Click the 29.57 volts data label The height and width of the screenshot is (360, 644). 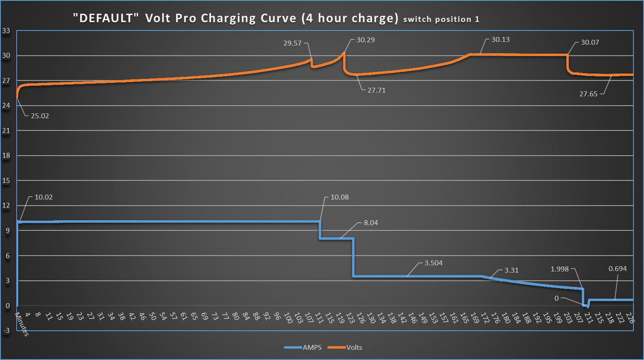292,43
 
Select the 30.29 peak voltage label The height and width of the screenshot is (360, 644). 366,40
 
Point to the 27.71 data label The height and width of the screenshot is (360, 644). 376,90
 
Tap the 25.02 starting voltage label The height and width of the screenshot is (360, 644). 40,116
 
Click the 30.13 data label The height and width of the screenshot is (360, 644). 500,39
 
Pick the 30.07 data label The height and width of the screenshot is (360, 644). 590,42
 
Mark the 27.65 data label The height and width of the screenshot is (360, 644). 588,94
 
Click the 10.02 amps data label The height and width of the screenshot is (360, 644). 44,197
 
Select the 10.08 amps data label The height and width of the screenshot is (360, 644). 339,197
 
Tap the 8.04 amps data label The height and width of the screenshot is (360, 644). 371,223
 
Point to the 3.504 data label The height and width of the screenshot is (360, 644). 433,263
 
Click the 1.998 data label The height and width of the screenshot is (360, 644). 559,269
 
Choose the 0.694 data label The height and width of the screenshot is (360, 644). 618,269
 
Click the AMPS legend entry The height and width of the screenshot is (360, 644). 312,347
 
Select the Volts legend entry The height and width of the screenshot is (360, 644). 354,347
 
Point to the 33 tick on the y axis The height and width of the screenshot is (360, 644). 6,30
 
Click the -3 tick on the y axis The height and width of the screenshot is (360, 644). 6,330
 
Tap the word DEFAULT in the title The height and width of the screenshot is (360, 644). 106,18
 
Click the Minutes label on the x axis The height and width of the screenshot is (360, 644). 22,324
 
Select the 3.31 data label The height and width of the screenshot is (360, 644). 511,270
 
